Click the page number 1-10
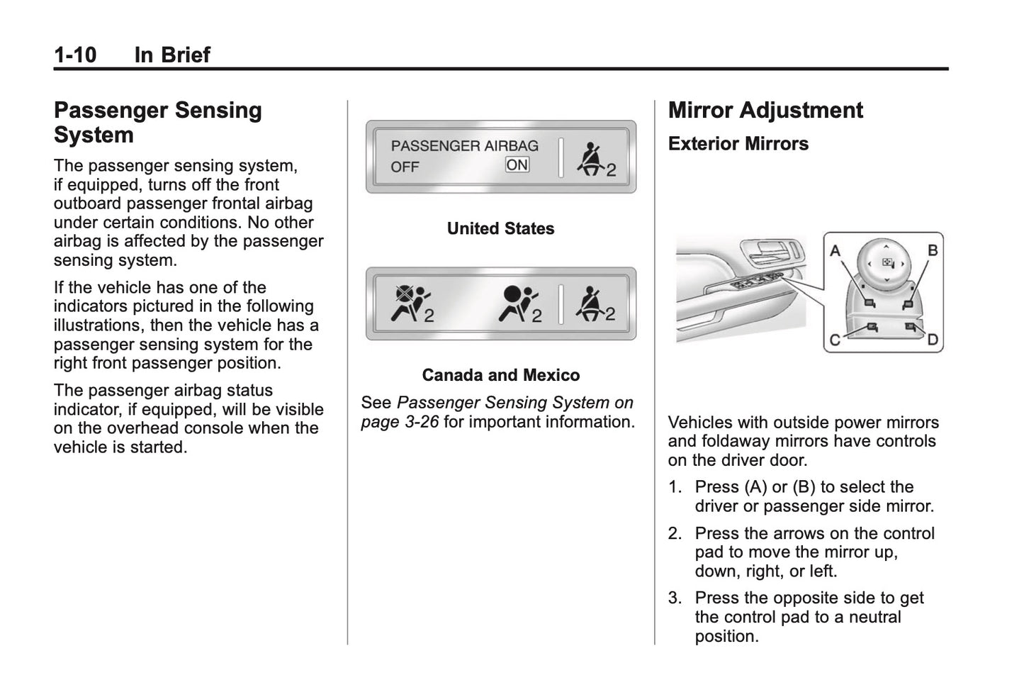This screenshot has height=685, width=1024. click(x=75, y=55)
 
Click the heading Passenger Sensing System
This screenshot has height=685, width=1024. click(x=157, y=122)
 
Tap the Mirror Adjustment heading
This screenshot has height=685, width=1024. click(x=765, y=111)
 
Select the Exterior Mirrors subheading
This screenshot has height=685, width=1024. click(x=738, y=144)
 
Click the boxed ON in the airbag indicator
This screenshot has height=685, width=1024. click(x=517, y=165)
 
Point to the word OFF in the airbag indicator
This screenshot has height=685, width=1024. click(x=405, y=167)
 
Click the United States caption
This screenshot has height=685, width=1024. click(x=500, y=229)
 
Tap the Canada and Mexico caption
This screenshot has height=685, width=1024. click(x=500, y=375)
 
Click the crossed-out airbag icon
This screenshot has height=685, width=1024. click(x=410, y=301)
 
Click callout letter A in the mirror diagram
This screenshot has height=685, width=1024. click(x=835, y=251)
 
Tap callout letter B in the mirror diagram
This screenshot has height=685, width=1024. click(x=933, y=250)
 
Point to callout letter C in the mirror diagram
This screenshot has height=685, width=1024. click(x=835, y=340)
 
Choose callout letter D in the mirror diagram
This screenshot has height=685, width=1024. click(x=933, y=340)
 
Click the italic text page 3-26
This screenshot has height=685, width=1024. click(x=400, y=422)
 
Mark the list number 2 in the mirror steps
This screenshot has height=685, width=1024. click(x=675, y=534)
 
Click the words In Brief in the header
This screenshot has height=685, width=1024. click(x=172, y=55)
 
